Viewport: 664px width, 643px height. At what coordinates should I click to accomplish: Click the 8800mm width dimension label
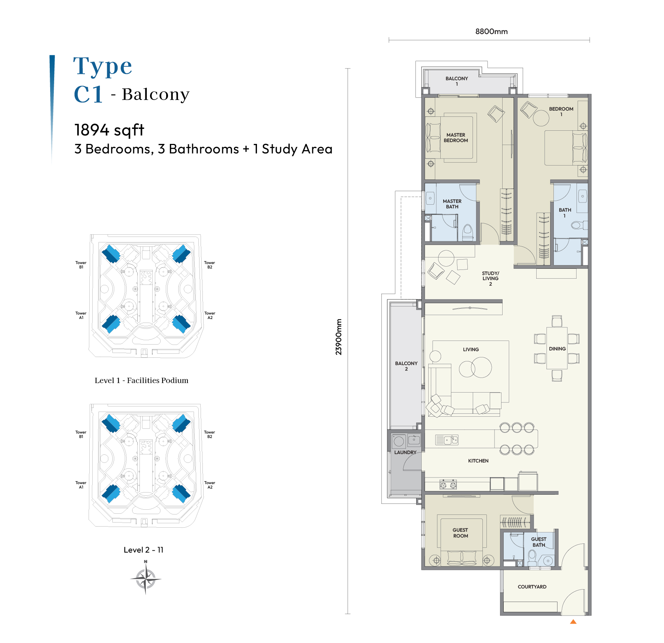pos(491,31)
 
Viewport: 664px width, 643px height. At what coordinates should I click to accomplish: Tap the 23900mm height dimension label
pos(339,337)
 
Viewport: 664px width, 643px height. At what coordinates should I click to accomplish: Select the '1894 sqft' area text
pos(109,130)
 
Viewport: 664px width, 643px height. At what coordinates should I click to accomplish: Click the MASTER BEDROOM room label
pos(456,138)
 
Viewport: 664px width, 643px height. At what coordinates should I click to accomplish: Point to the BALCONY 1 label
pos(456,81)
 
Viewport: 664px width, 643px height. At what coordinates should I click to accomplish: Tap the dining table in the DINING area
pos(557,348)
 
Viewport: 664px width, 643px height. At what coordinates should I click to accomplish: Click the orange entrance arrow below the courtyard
pos(573,621)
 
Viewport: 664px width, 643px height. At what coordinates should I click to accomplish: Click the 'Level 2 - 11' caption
pos(143,550)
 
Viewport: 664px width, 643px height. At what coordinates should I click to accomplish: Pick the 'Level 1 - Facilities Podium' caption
pos(141,380)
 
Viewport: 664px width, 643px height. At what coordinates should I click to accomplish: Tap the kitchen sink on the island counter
pos(447,440)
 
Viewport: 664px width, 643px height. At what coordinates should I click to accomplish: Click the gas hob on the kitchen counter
pos(448,485)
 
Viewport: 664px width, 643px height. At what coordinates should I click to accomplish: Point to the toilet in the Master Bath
pos(468,233)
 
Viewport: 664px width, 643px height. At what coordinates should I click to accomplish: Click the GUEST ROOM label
pos(460,533)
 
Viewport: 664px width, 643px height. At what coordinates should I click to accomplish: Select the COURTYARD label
pos(532,587)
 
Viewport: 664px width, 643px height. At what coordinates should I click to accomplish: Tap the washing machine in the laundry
pos(399,441)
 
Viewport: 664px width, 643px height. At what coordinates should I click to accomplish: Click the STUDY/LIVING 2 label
pos(490,279)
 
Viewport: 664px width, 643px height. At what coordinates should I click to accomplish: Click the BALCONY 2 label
pos(406,366)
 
